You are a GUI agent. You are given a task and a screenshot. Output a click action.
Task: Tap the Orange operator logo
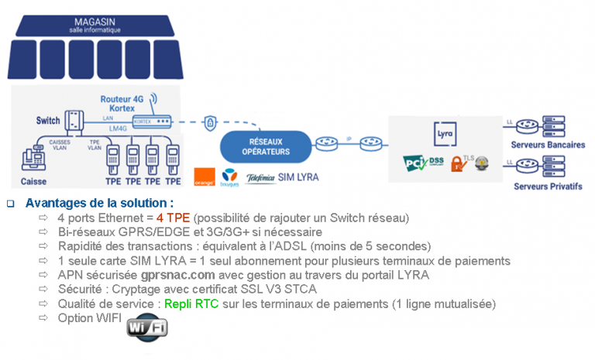point(205,177)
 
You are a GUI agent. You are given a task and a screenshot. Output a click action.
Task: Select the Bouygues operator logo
point(230,177)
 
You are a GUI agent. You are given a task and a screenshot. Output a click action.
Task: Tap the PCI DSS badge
point(422,163)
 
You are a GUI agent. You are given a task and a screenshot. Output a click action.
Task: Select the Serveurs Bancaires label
point(549,145)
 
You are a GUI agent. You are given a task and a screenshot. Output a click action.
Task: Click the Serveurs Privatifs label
point(548,187)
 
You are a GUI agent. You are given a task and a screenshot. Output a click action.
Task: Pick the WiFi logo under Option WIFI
point(146,328)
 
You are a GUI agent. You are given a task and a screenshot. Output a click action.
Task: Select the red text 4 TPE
point(172,218)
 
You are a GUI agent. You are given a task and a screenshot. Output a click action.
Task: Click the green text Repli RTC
point(187,304)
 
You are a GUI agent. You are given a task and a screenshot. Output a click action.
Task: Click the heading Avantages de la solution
point(100,203)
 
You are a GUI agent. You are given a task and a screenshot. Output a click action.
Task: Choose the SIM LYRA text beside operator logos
point(297,177)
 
